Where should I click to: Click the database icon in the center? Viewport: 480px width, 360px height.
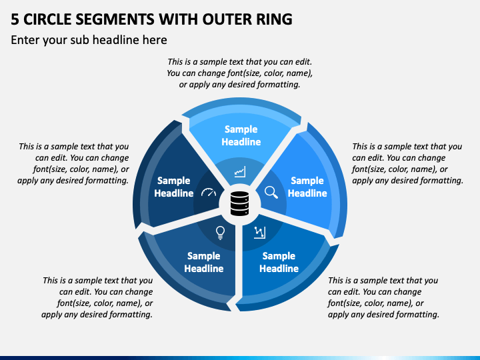(239, 203)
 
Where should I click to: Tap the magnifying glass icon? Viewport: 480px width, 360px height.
(271, 192)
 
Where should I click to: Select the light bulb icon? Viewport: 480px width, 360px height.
(220, 233)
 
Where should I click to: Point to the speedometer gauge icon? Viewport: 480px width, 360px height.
(209, 192)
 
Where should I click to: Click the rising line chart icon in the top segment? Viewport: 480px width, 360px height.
(240, 172)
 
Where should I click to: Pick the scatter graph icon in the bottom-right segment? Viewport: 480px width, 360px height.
(259, 233)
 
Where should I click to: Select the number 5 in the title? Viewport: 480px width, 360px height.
(15, 19)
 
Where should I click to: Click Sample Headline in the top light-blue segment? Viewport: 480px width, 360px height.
(241, 135)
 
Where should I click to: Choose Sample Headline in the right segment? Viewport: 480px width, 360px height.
(307, 187)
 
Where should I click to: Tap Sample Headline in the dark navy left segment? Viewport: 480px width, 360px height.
(173, 187)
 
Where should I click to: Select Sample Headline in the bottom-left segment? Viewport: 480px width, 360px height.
(203, 263)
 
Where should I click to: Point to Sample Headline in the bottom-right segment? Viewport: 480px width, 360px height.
(279, 263)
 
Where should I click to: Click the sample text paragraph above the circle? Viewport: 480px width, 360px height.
(239, 73)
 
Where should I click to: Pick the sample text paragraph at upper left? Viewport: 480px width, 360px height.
(73, 163)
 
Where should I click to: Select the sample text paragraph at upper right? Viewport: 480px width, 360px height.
(407, 163)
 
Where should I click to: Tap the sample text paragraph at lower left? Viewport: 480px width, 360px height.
(97, 297)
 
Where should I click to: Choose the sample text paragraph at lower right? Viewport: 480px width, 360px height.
(383, 297)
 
